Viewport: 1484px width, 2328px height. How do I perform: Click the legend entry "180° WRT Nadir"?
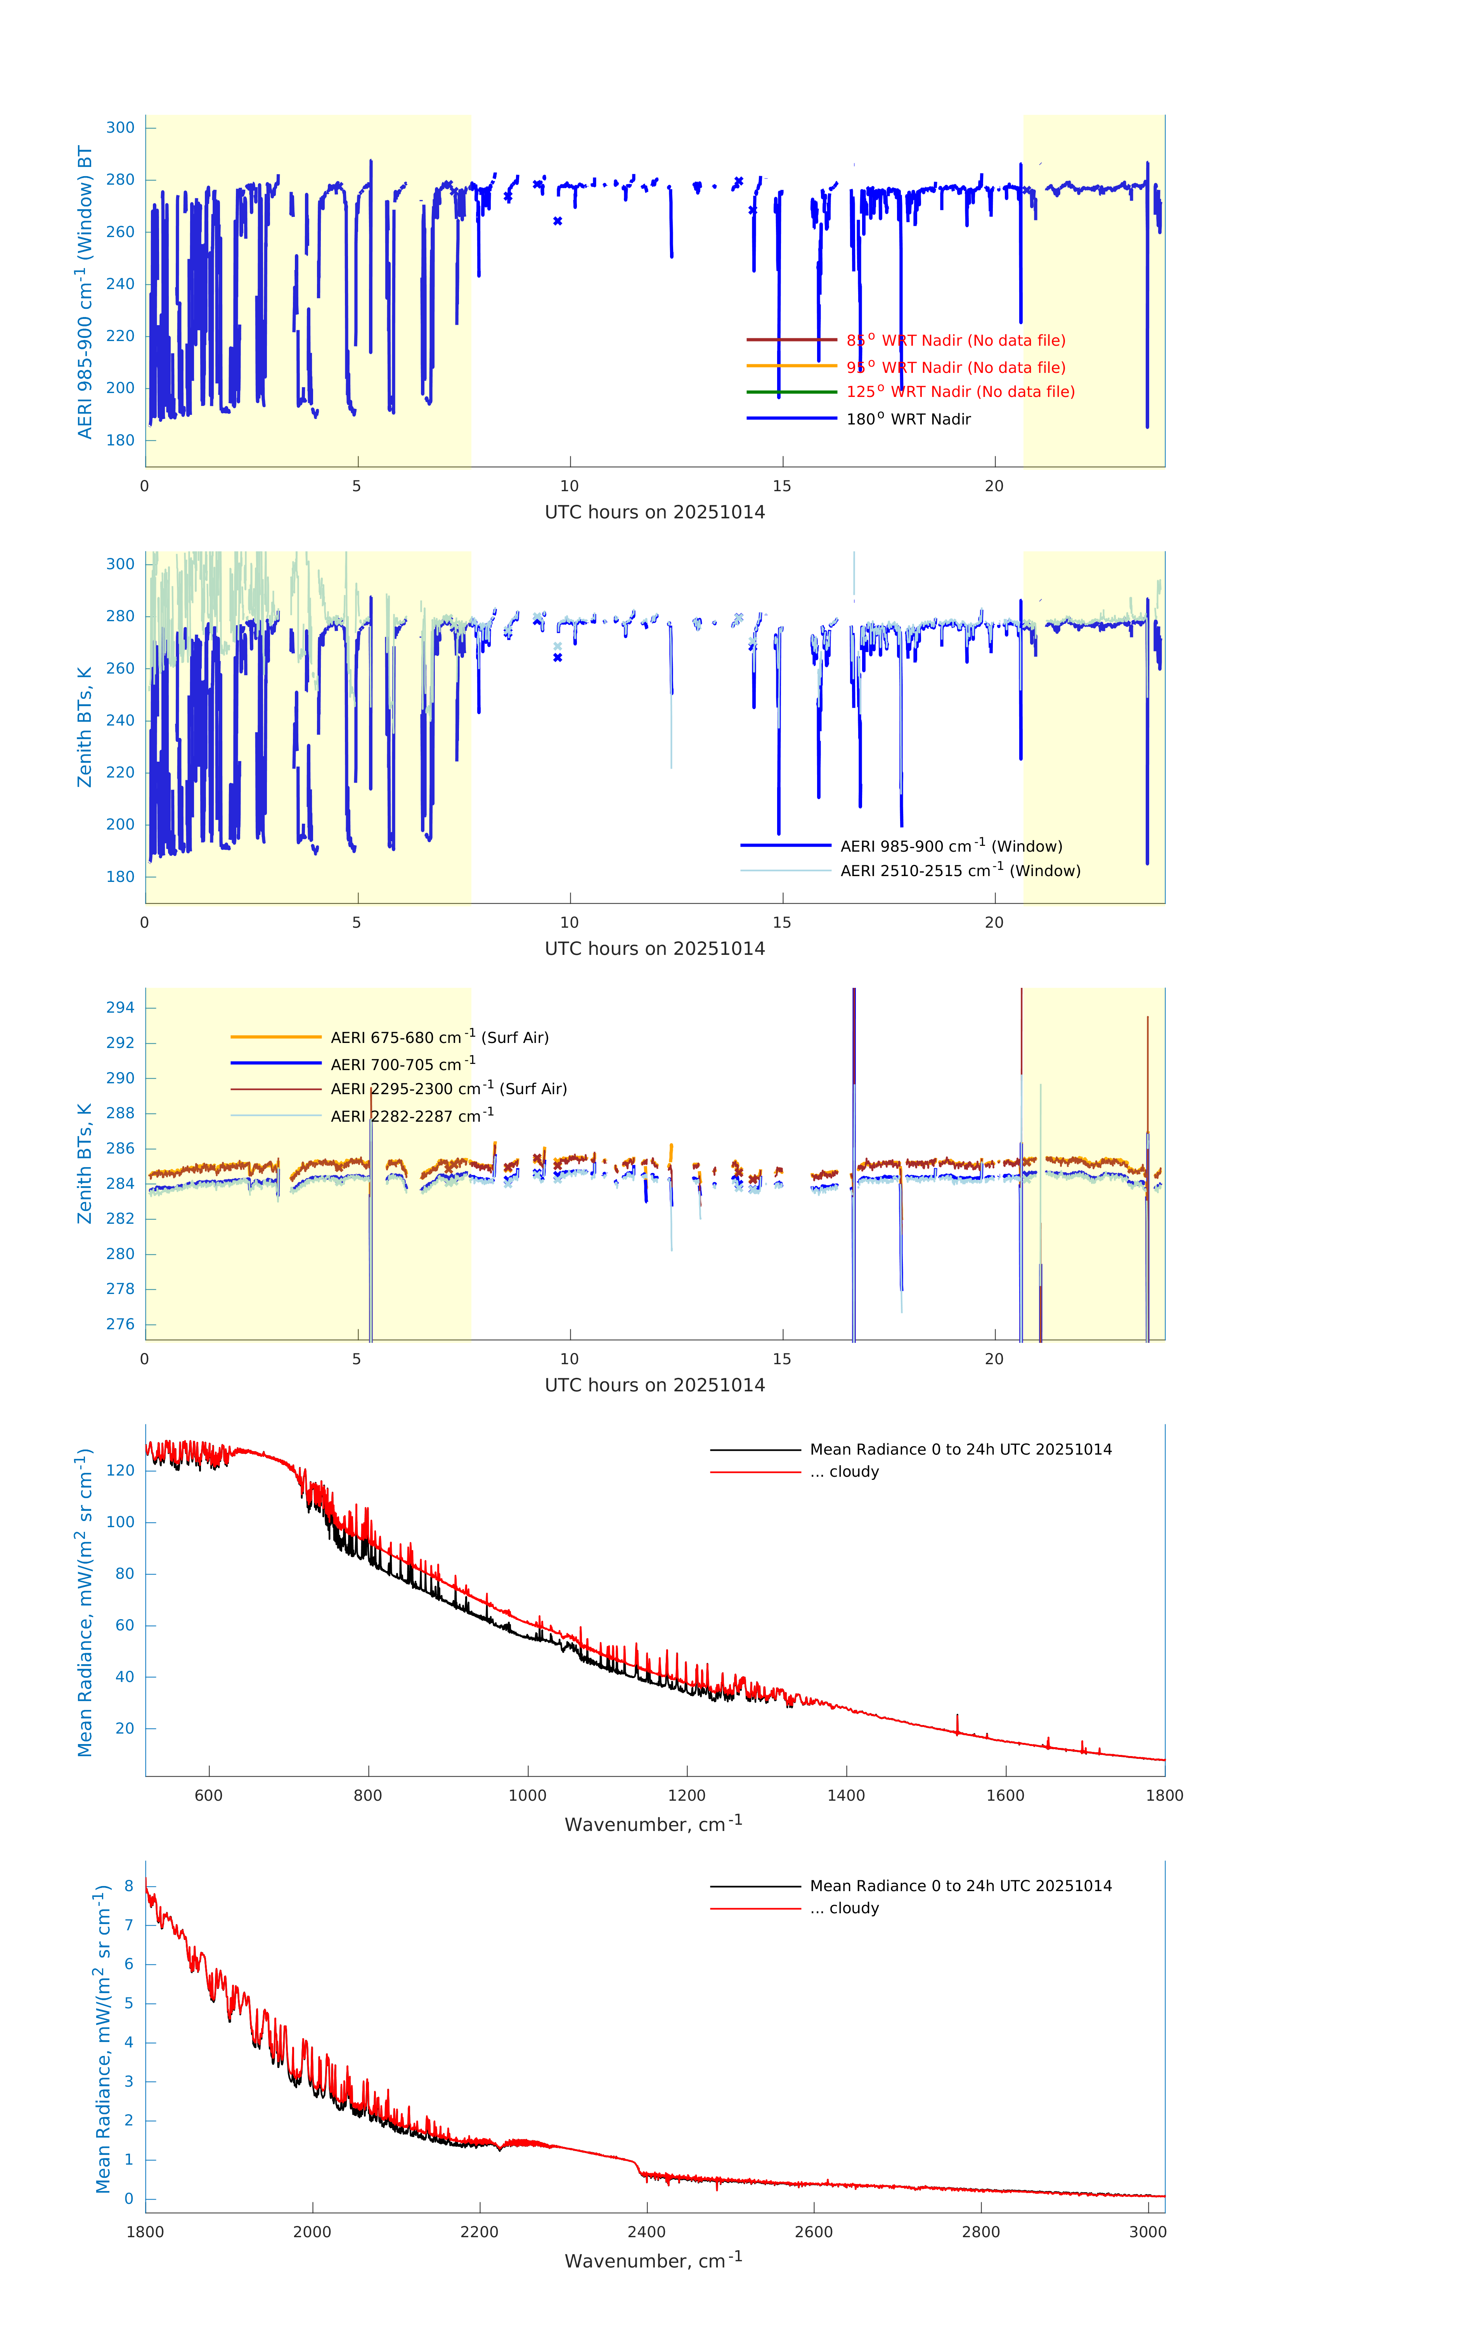[x=908, y=419]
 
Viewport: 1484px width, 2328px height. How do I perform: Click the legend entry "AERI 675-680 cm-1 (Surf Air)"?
[x=439, y=1038]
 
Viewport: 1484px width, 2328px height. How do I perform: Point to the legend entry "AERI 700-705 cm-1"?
[x=402, y=1064]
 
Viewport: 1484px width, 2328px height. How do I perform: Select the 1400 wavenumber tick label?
[x=846, y=1795]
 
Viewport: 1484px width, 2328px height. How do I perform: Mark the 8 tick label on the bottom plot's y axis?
[x=128, y=1886]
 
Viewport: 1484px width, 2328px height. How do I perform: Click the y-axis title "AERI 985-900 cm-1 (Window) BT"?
[x=85, y=292]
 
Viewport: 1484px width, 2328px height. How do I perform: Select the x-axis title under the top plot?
[x=655, y=513]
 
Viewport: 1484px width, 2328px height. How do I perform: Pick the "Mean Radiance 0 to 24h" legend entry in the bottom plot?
[x=960, y=1886]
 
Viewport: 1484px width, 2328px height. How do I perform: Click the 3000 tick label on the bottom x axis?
[x=1148, y=2232]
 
